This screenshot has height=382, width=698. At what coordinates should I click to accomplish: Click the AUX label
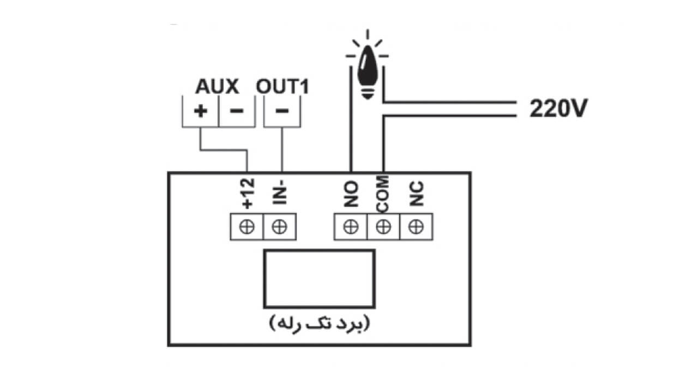pyautogui.click(x=217, y=86)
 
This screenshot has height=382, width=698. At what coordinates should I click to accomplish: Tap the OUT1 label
pyautogui.click(x=282, y=86)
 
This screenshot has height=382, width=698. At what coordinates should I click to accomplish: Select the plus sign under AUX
pyautogui.click(x=200, y=111)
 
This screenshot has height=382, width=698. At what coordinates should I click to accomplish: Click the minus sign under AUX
pyautogui.click(x=237, y=111)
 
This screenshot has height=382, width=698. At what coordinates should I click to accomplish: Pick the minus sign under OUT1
pyautogui.click(x=282, y=111)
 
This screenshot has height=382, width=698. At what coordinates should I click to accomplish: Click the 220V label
pyautogui.click(x=558, y=108)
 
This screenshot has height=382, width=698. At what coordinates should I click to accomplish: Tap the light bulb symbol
pyautogui.click(x=368, y=69)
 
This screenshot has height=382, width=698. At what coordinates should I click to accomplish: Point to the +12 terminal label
pyautogui.click(x=248, y=193)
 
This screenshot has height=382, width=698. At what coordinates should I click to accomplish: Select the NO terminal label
pyautogui.click(x=351, y=194)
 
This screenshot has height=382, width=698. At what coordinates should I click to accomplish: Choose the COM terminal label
pyautogui.click(x=383, y=194)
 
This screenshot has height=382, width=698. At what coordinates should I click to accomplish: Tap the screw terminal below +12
pyautogui.click(x=247, y=226)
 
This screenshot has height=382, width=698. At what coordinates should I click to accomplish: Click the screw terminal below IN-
pyautogui.click(x=280, y=226)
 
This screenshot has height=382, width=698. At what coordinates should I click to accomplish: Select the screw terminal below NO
pyautogui.click(x=351, y=226)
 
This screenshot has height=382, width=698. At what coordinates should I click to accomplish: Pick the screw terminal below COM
pyautogui.click(x=383, y=226)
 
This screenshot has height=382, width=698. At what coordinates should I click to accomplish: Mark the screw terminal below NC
pyautogui.click(x=416, y=226)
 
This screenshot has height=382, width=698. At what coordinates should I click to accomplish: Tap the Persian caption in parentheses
pyautogui.click(x=320, y=324)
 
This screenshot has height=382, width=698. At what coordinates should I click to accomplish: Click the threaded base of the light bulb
pyautogui.click(x=368, y=93)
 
